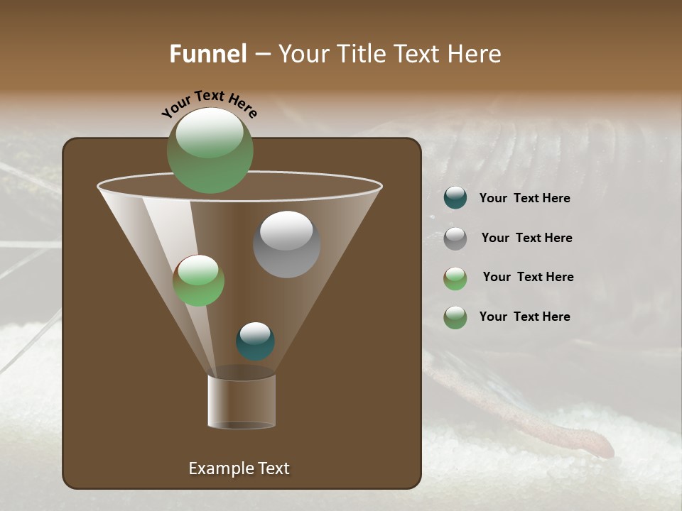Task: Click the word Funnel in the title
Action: [x=208, y=54]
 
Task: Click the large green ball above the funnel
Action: [x=210, y=150]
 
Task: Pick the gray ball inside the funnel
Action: [x=286, y=245]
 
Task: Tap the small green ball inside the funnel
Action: [x=198, y=280]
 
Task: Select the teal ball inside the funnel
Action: [x=255, y=341]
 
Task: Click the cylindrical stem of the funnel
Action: [x=242, y=401]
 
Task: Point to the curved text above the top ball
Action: [x=210, y=103]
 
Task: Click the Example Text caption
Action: [x=239, y=468]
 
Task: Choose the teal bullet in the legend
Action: [x=455, y=198]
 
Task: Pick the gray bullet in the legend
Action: [x=455, y=238]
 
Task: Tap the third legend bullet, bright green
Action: [x=455, y=278]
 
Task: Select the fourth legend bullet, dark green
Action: [x=455, y=317]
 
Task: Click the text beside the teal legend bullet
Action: [x=524, y=198]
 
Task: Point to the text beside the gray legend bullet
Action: [x=526, y=238]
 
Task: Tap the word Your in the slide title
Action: [x=302, y=54]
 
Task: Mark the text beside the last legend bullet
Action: [x=524, y=317]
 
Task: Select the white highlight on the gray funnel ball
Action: [x=286, y=231]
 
